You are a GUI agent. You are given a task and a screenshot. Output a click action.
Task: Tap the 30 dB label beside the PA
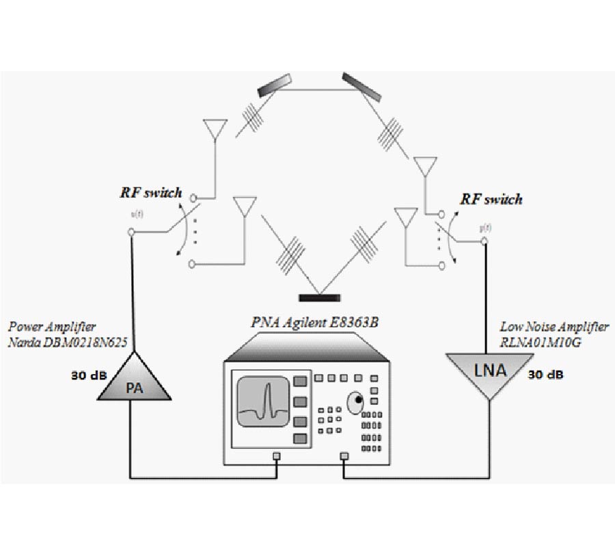[x=87, y=375]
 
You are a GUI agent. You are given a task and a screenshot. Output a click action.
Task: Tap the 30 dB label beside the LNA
[x=546, y=375]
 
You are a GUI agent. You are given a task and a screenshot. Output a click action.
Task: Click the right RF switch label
[x=491, y=199]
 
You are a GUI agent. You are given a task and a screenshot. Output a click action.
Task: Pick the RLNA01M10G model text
[x=540, y=342]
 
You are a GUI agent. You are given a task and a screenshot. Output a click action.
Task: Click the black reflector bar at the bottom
[x=320, y=297]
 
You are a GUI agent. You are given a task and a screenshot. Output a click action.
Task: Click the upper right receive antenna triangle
[x=425, y=167]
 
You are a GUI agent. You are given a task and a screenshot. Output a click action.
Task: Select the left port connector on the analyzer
[x=276, y=456]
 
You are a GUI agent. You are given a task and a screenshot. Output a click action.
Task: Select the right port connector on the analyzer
[x=343, y=456]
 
